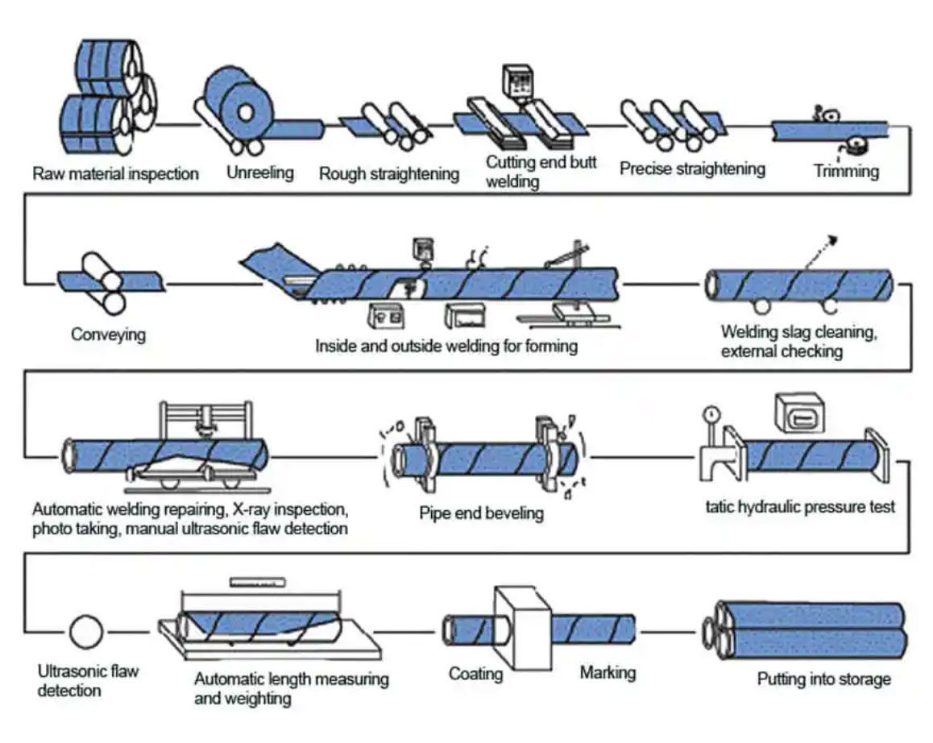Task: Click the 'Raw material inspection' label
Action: pos(115,173)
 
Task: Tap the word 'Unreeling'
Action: pos(260,172)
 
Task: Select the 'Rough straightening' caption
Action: pos(389,173)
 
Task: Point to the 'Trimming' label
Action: pos(846,171)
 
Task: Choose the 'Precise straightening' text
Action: pos(692,169)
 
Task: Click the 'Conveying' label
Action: pos(109,334)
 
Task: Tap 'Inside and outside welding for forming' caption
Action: pos(446,347)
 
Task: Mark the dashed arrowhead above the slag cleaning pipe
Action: pos(831,239)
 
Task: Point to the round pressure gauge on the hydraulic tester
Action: pos(710,413)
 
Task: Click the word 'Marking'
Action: pos(607,672)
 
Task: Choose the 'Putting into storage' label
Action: pos(823,679)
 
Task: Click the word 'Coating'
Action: pos(476,673)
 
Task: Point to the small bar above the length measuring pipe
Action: pos(257,581)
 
